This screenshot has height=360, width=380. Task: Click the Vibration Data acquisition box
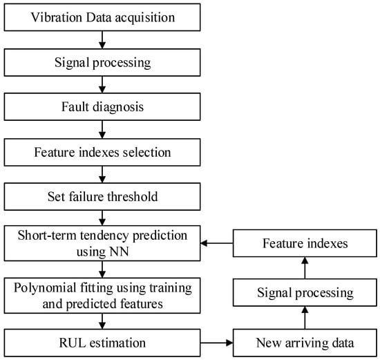tap(102, 17)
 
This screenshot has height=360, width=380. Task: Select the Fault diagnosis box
tap(102, 106)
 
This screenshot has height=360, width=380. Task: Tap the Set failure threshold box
tap(102, 197)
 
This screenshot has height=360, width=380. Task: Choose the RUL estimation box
tap(102, 343)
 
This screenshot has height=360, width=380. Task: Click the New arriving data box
tap(305, 343)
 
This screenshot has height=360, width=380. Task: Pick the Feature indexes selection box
tap(102, 152)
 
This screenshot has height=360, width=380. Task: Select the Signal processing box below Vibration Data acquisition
tap(102, 63)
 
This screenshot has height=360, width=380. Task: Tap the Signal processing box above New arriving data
tap(305, 292)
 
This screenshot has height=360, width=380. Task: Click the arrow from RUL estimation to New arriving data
tap(217, 343)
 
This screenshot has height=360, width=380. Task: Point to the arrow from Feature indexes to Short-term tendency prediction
tap(217, 243)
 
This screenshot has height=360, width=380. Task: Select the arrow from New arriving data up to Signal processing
tap(305, 318)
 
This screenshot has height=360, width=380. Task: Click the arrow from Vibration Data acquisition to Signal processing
tap(102, 40)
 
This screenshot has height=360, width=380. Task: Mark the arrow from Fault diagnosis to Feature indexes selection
tap(102, 129)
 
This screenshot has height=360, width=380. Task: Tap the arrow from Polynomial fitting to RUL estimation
tap(102, 321)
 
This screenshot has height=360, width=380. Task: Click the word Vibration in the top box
tap(57, 17)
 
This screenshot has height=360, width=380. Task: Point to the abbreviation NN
tap(119, 252)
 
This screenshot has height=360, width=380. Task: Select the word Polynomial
tap(45, 288)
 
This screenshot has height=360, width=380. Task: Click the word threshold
tap(133, 196)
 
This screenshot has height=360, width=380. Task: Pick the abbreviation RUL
tap(73, 343)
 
